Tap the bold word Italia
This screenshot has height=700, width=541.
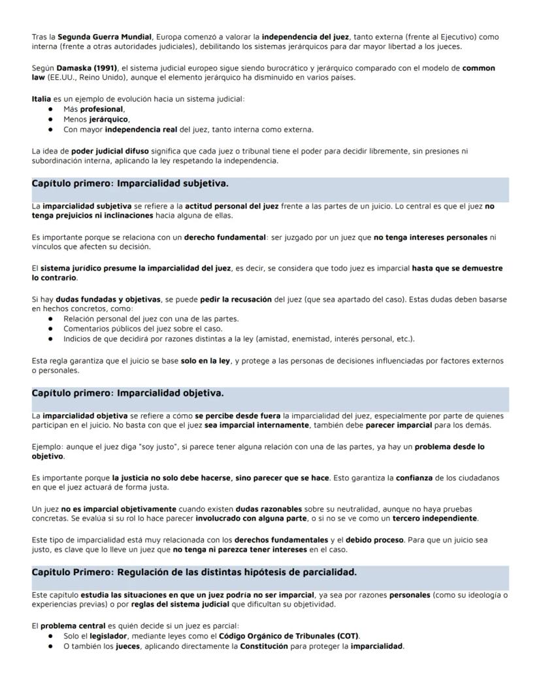click(41, 99)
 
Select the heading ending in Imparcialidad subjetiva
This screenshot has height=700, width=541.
click(130, 183)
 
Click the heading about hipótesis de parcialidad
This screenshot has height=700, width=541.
click(194, 572)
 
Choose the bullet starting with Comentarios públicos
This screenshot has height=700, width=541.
click(142, 329)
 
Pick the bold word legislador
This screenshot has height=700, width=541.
click(108, 636)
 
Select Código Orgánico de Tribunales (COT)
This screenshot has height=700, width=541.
click(289, 636)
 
